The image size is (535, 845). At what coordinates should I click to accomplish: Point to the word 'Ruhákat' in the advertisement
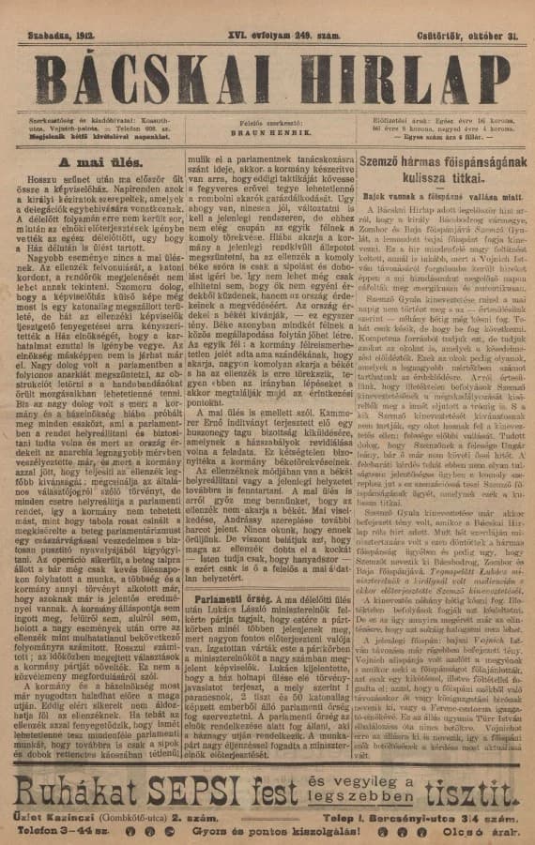click(75, 792)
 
